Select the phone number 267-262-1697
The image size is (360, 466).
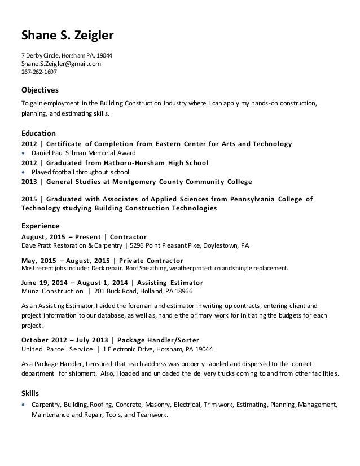[39, 72]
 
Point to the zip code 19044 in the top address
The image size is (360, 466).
[103, 55]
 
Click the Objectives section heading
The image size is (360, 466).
[40, 90]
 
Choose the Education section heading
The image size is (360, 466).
[38, 134]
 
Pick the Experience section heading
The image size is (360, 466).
[40, 226]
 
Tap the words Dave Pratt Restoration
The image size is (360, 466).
[56, 246]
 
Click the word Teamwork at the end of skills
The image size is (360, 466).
[151, 415]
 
